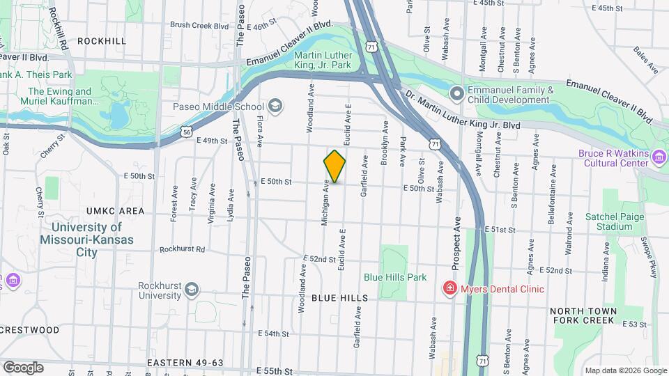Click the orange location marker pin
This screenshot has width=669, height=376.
[334, 166]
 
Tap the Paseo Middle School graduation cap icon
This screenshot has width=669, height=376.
[275, 107]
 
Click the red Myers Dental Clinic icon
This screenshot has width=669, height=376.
[450, 288]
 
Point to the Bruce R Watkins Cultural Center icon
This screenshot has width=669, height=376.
[659, 159]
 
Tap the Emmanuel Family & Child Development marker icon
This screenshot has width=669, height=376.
[456, 93]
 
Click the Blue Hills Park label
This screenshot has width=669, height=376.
[395, 276]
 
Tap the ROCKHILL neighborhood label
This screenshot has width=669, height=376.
[102, 41]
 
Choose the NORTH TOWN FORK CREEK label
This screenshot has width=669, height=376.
[584, 315]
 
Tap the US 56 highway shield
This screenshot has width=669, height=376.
[185, 131]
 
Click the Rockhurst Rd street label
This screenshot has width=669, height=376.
[182, 249]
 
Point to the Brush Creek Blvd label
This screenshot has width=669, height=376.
[199, 26]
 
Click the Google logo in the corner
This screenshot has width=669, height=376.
[23, 367]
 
